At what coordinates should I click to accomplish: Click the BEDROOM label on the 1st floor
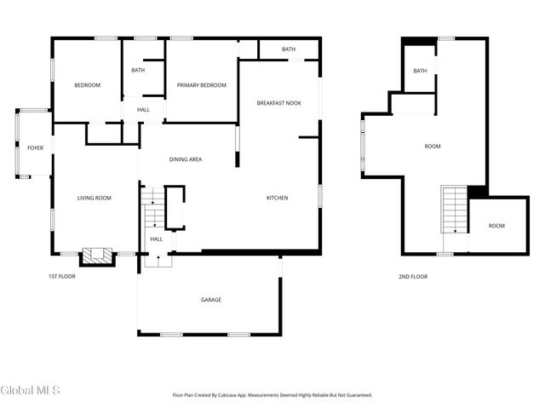[x=87, y=85]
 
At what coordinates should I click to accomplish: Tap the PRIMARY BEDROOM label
[x=201, y=85]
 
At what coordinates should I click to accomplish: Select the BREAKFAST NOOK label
[x=278, y=103]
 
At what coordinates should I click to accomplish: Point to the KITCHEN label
[x=277, y=198]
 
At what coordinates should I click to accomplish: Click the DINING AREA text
[x=185, y=159]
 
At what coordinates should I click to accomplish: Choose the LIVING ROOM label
[x=95, y=198]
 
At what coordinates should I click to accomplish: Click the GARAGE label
[x=210, y=300]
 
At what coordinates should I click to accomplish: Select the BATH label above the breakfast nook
[x=289, y=49]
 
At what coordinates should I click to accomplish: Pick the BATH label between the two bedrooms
[x=137, y=70]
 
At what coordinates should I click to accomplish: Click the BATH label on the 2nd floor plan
[x=420, y=71]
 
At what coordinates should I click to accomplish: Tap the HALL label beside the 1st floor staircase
[x=157, y=239]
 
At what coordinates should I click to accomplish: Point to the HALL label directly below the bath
[x=144, y=109]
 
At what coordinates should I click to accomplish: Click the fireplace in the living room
[x=96, y=256]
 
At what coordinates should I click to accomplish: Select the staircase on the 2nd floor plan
[x=455, y=210]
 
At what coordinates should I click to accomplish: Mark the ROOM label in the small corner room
[x=496, y=226]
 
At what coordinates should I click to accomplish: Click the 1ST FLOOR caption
[x=62, y=277]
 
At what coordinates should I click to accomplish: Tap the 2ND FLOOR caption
[x=413, y=277]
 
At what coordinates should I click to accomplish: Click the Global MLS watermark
[x=31, y=391]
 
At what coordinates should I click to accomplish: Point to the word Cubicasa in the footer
[x=244, y=395]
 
